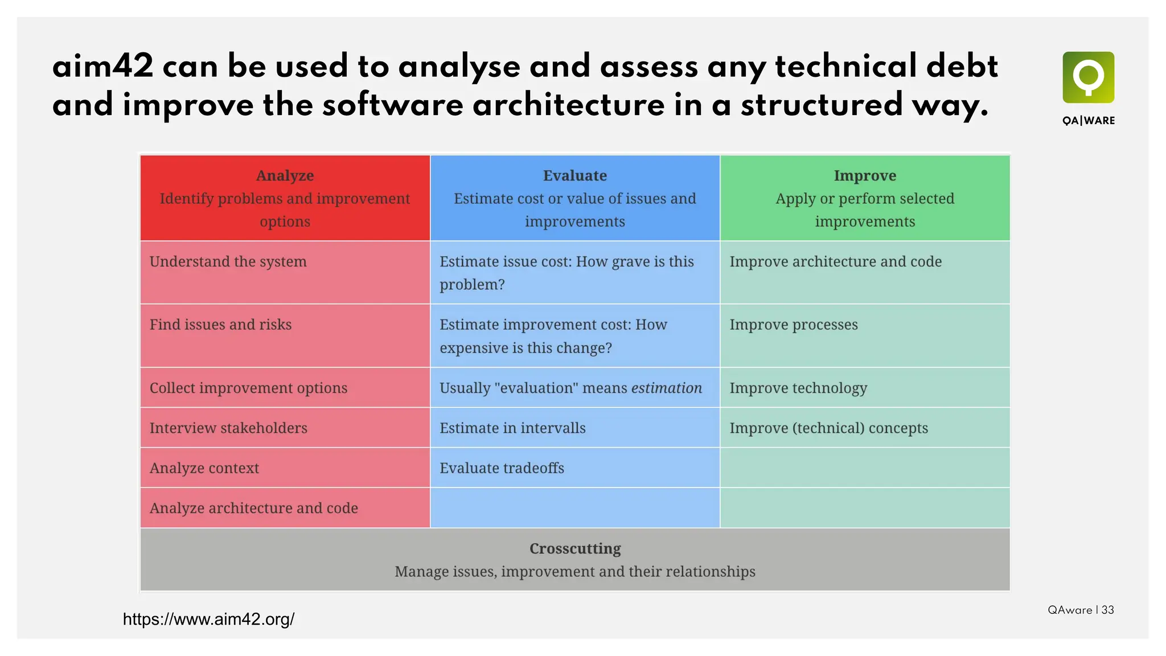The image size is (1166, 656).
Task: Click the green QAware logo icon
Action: (1088, 77)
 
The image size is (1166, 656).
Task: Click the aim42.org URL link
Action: (208, 619)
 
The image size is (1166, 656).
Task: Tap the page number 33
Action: (1107, 610)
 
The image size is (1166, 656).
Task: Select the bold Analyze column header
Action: (285, 175)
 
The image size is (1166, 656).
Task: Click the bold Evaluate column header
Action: (574, 175)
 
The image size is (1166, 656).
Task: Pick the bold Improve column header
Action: (865, 175)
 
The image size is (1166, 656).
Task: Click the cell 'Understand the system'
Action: (228, 261)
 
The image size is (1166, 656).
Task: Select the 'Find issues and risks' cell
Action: (220, 325)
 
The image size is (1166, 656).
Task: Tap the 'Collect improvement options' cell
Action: (248, 388)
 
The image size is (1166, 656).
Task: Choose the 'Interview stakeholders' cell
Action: (228, 428)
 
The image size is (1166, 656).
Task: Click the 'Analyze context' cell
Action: (204, 468)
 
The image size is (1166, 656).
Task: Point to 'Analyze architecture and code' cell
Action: (253, 508)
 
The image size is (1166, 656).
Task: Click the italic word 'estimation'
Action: (667, 388)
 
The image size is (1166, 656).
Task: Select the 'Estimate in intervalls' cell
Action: (512, 428)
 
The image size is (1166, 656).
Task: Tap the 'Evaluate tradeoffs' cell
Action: (502, 468)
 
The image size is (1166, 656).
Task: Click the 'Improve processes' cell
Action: (793, 325)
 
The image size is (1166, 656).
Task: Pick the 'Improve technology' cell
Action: (798, 388)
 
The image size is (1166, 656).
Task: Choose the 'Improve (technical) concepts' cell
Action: (828, 428)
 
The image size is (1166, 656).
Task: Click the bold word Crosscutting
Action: (575, 548)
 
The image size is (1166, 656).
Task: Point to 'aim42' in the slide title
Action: (103, 67)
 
